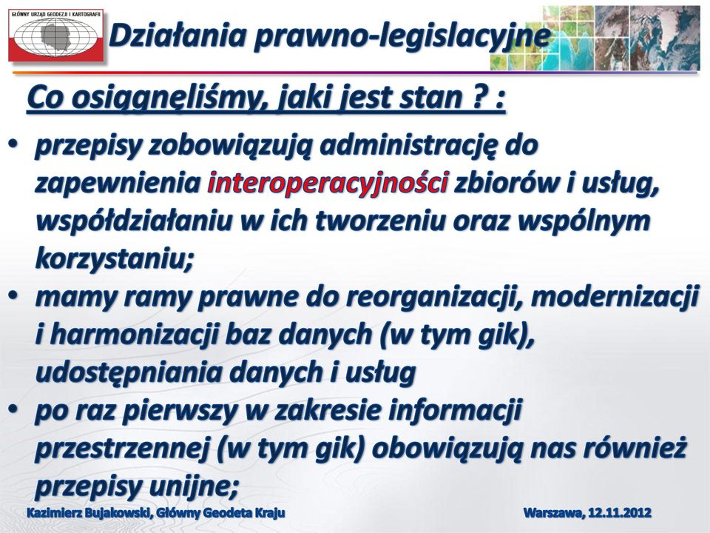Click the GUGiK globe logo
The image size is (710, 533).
[x=55, y=35]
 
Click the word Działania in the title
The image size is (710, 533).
[x=177, y=35]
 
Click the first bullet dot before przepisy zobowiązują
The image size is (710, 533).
[x=13, y=144]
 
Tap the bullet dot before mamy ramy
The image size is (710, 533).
[x=13, y=295]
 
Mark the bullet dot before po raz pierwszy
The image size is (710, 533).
[x=13, y=409]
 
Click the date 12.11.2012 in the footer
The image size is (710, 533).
[x=620, y=512]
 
